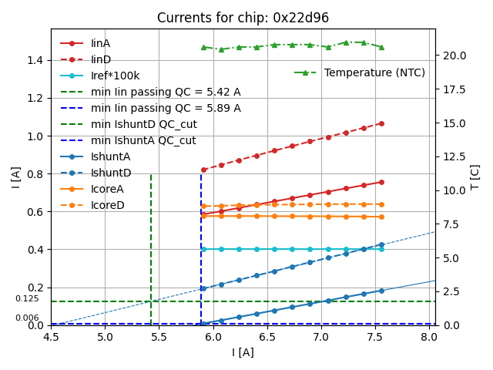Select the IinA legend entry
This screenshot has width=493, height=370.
(x=100, y=44)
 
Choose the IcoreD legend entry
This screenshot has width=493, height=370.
(x=107, y=206)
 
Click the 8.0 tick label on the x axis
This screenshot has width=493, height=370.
(x=429, y=337)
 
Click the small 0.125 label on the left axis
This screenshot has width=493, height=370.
(x=27, y=298)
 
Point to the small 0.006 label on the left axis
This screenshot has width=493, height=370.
(x=27, y=318)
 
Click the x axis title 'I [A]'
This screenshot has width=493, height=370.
(x=243, y=352)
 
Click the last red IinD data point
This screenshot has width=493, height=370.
(x=381, y=123)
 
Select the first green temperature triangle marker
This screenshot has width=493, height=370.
(x=203, y=47)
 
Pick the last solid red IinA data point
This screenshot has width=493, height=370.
(x=381, y=182)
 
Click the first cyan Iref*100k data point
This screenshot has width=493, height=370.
(x=203, y=249)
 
